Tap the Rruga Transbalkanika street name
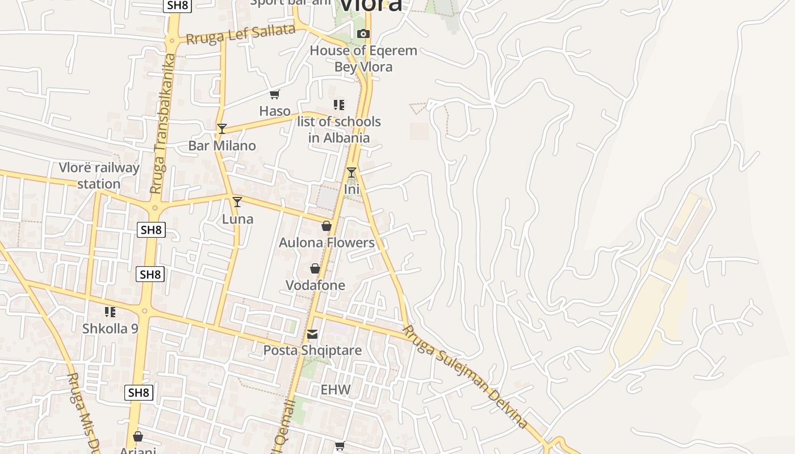(164, 124)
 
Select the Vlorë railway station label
(99, 176)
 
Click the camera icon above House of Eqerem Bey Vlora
(363, 34)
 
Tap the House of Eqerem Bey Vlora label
(363, 58)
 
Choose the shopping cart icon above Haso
(275, 94)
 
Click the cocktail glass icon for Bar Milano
(222, 129)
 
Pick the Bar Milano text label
(222, 146)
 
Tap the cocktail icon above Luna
(237, 201)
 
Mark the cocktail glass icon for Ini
(352, 172)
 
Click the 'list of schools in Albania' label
(339, 129)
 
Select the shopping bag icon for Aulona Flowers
(327, 226)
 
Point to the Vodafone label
(315, 285)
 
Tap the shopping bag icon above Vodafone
(315, 268)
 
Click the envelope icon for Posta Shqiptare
(312, 334)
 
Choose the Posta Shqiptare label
(312, 350)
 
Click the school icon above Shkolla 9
(110, 312)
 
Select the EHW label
(336, 390)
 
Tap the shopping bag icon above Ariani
(137, 436)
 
